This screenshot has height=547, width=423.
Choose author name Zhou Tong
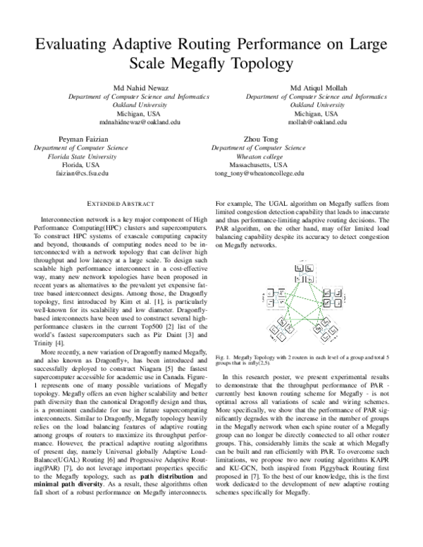pyautogui.click(x=259, y=140)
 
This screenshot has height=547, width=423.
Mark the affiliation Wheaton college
pyautogui.click(x=259, y=156)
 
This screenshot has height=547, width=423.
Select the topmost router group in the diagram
pyautogui.click(x=305, y=269)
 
